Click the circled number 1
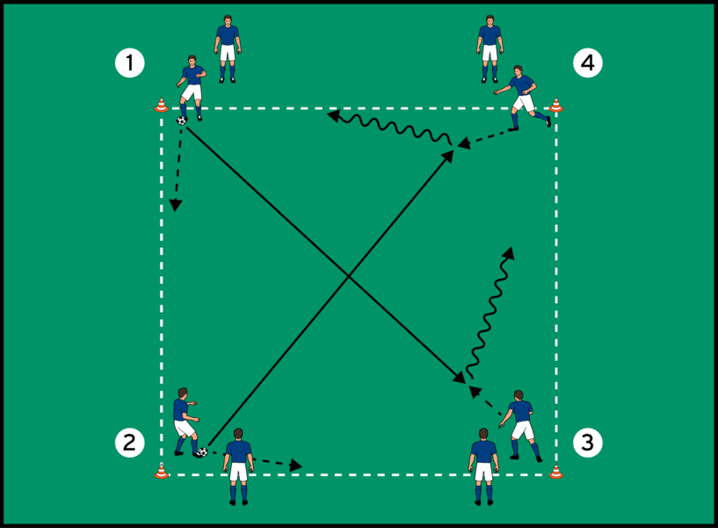point(130,63)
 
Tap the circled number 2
point(130,442)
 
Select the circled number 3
point(588,442)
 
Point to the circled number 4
point(588,63)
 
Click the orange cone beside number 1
point(161,105)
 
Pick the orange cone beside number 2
point(161,472)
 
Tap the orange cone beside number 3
point(555,472)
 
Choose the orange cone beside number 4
point(555,105)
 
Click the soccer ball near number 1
point(181,120)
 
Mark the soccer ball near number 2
point(202,452)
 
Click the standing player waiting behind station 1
point(228,48)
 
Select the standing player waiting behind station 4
point(490,48)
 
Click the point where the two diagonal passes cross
point(349,277)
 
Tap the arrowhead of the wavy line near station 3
point(509,251)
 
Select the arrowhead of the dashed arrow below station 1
point(175,206)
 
